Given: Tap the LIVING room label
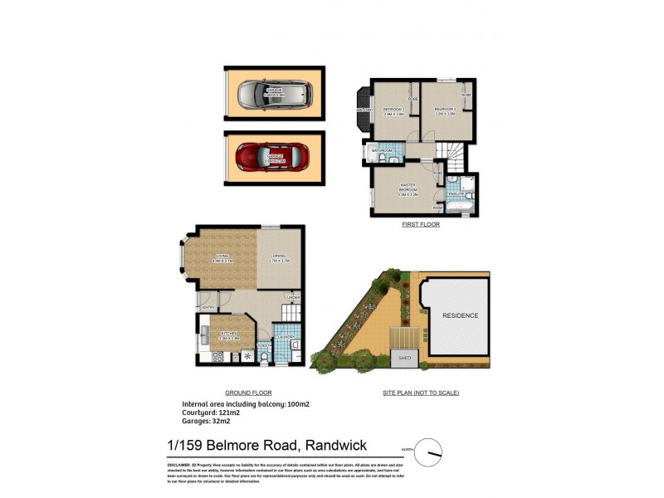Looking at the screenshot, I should [222, 258].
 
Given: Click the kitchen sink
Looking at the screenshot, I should [204, 336].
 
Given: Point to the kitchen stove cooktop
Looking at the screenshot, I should [217, 357].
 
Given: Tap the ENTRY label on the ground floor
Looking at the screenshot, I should [209, 308].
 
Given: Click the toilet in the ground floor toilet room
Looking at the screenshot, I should [264, 358].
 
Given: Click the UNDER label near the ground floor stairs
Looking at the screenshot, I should [292, 297].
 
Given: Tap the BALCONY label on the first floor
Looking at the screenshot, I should [364, 110].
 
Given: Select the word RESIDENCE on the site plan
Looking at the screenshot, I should [459, 316].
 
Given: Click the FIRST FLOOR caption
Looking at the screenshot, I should [419, 225].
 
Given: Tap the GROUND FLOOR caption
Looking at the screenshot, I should [249, 393].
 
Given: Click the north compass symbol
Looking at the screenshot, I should [431, 454].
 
